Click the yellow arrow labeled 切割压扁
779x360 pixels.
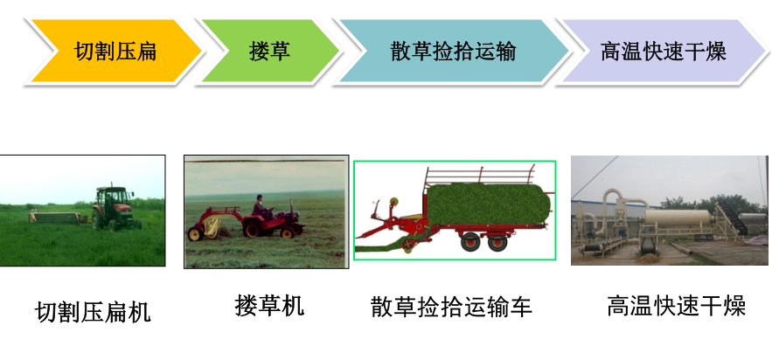point(115,51)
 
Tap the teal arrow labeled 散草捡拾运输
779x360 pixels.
point(452,51)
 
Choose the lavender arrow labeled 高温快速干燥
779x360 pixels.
point(664,51)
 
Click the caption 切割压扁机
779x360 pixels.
point(93,312)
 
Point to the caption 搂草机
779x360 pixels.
point(269,305)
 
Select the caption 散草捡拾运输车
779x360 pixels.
point(451,307)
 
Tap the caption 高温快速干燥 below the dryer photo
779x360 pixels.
point(676,306)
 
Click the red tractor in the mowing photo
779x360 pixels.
point(115,209)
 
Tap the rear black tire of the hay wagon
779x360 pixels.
point(497,242)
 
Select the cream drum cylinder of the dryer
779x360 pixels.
point(678,218)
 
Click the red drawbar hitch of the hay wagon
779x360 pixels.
point(383,225)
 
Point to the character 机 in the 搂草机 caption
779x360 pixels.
point(293,305)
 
